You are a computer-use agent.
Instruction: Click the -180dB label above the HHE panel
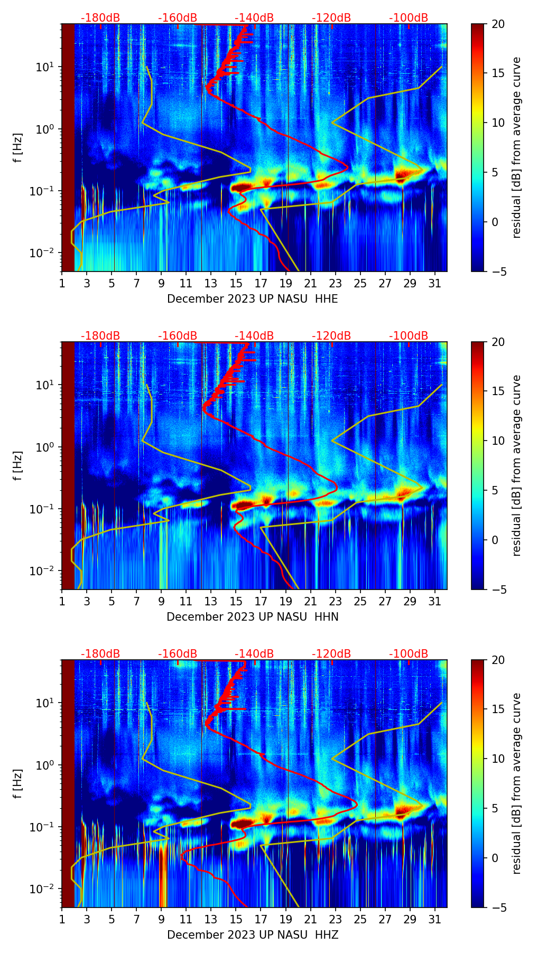100,18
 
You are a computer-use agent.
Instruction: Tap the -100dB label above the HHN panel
409,336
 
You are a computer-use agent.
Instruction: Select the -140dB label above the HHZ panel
254,654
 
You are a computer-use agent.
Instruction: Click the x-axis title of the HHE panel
252,299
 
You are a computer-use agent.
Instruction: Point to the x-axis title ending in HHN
252,617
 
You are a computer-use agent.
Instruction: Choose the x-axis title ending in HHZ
252,935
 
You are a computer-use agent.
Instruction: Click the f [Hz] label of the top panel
18,148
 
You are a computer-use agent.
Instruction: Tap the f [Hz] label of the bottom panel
18,784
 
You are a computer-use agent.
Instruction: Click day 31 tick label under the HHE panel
435,284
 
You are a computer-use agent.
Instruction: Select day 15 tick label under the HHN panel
236,602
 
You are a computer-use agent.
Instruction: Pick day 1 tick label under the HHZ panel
62,920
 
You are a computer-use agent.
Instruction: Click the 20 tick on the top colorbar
498,24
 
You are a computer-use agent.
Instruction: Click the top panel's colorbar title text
517,148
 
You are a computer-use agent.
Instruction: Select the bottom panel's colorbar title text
517,784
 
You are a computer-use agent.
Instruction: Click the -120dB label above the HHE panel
331,18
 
